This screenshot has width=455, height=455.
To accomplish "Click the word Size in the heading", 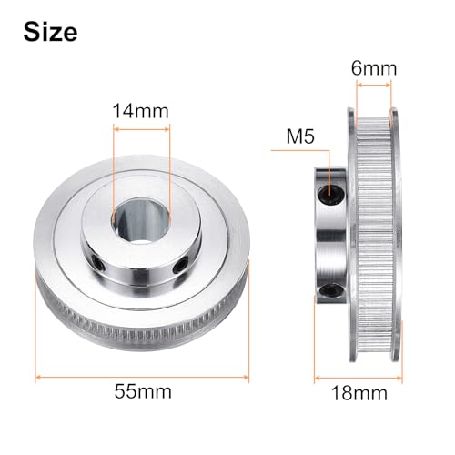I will (51, 33).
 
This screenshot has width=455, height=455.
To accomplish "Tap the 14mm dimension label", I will (140, 112).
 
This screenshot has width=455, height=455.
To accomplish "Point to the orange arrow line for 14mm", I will (140, 129).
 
